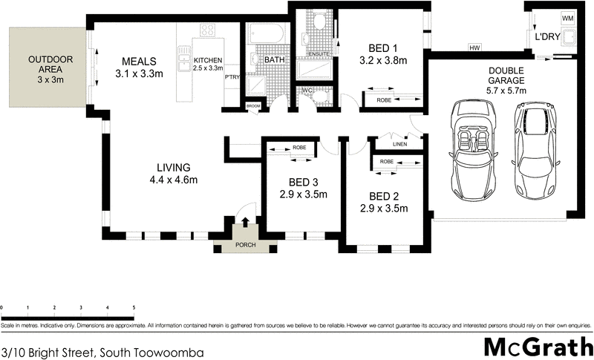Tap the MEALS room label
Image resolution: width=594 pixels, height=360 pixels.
tap(139, 61)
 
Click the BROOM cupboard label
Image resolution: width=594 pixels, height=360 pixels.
tap(254, 107)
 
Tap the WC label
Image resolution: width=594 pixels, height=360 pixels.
tap(307, 91)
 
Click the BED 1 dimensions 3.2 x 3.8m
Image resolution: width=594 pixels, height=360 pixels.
tap(382, 61)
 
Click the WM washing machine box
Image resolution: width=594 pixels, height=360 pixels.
tap(567, 18)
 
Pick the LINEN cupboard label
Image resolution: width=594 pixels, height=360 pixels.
tap(399, 144)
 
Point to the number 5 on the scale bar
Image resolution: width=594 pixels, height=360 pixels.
tap(134, 307)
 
